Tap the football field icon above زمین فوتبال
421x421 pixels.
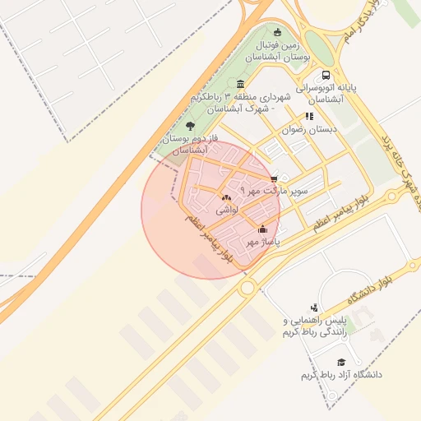(277, 33)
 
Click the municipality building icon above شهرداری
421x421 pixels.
(239, 83)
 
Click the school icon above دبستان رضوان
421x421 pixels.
(309, 116)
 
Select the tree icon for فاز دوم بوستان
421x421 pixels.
(191, 126)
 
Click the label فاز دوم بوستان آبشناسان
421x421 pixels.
(196, 145)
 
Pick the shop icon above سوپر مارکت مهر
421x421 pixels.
(274, 178)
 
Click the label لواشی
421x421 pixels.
(227, 210)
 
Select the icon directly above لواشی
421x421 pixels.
(226, 197)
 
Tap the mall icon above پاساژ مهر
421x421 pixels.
(263, 229)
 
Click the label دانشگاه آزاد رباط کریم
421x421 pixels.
(342, 375)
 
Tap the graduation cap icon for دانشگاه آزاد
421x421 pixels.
(341, 362)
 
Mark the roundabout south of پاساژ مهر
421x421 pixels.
(247, 287)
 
